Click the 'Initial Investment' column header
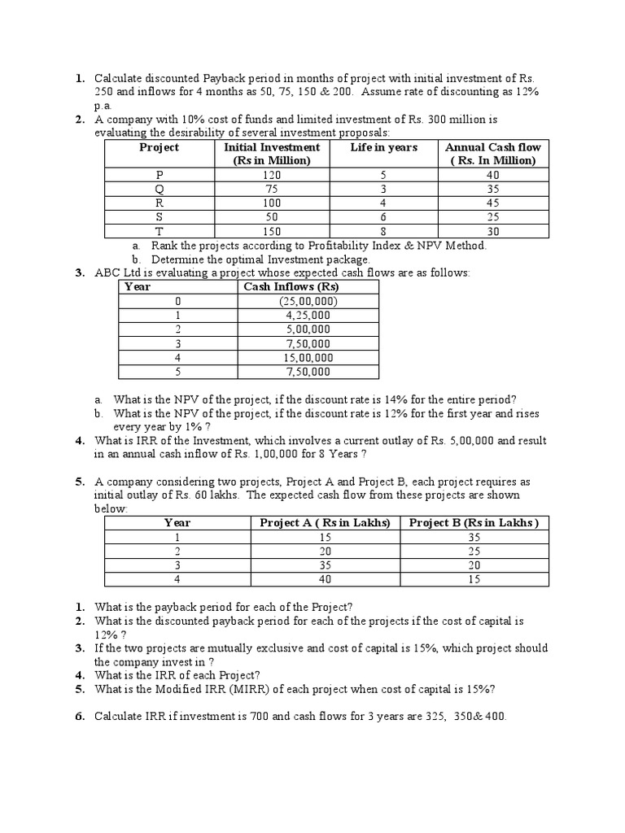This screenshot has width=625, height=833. (x=272, y=154)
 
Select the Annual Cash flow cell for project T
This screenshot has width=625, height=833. (x=492, y=230)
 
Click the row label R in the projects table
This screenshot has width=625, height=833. (x=159, y=203)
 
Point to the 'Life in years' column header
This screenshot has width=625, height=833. (x=383, y=147)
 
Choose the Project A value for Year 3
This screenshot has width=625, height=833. (x=325, y=565)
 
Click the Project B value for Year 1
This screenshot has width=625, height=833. (x=474, y=538)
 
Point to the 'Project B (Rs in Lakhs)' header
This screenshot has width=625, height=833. (x=474, y=522)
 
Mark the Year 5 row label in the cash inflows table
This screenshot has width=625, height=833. (x=177, y=372)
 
